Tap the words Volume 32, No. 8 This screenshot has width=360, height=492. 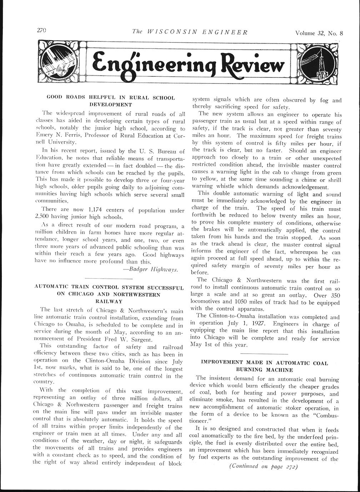pos(319,34)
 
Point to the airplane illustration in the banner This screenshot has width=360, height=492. pos(61,62)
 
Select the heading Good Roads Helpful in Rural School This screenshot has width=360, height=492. pos(111,98)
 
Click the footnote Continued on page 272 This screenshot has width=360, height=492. pos(263,467)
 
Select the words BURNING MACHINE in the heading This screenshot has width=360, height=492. pos(264,370)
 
